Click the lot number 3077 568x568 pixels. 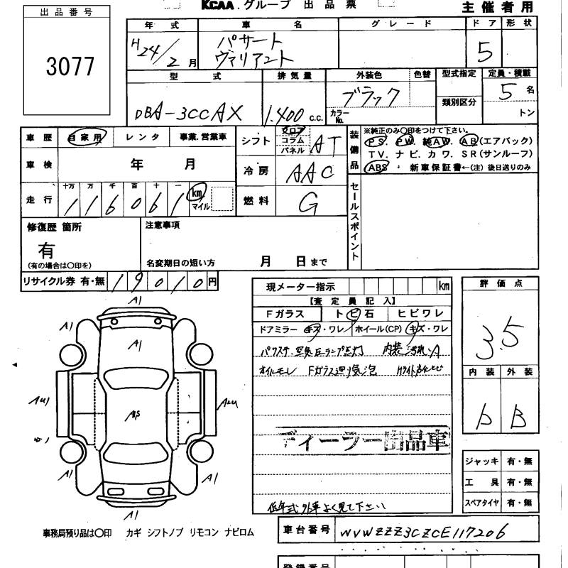[70, 65]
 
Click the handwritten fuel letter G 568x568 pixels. [307, 203]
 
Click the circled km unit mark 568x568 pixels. [197, 192]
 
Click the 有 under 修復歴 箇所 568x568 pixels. [46, 250]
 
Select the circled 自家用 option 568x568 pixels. [85, 138]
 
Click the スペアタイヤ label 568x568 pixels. [481, 503]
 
